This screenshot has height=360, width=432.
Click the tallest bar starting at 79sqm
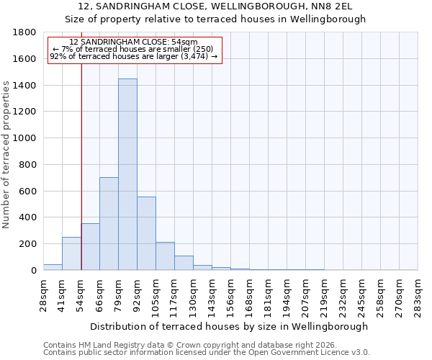click(127, 174)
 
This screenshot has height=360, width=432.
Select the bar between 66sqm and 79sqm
click(109, 223)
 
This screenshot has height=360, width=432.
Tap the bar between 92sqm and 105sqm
click(146, 233)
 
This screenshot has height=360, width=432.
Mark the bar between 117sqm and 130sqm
click(184, 263)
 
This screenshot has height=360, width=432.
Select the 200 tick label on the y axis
click(28, 244)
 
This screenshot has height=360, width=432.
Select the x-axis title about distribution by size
click(230, 326)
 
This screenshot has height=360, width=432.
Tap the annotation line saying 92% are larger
click(134, 56)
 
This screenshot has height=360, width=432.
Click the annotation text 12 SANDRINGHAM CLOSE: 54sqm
click(134, 42)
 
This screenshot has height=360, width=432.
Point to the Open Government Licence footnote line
click(207, 353)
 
